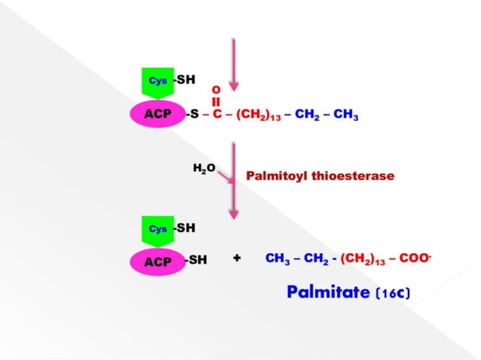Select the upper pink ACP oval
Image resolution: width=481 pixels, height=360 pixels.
(x=158, y=116)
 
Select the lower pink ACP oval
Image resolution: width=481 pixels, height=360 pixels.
(x=158, y=261)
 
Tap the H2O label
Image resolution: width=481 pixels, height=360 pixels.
(x=204, y=169)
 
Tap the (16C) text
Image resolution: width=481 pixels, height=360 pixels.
(x=392, y=293)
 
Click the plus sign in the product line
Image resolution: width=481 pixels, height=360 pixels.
(x=237, y=258)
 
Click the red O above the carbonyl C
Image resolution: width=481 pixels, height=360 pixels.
(x=216, y=89)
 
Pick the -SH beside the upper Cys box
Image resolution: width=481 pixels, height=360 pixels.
(x=185, y=79)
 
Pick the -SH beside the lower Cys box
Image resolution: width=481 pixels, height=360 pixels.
(x=185, y=227)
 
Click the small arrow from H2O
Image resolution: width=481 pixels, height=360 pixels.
(x=224, y=177)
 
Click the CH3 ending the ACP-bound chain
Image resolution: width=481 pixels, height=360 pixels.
(x=345, y=117)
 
